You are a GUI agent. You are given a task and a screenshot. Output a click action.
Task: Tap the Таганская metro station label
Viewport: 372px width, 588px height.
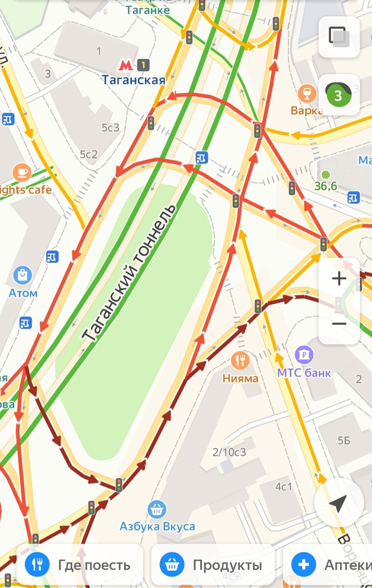pos(133,79)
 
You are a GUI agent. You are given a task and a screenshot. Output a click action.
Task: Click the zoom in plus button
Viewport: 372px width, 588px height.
pos(339,279)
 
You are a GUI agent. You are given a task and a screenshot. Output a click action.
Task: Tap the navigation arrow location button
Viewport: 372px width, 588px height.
pos(338,503)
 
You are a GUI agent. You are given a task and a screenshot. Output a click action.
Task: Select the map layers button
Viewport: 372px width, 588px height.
pos(339,37)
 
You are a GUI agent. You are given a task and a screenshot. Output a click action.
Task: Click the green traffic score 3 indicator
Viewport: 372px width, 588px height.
pos(339,95)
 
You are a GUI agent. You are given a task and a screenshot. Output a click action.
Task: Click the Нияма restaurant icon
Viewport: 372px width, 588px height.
pos(240,361)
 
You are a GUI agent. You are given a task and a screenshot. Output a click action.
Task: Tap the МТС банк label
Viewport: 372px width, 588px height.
pos(304,372)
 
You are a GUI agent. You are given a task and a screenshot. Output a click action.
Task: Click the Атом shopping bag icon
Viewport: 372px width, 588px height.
pos(23,275)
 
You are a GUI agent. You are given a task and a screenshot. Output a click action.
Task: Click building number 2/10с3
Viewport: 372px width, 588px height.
pos(229,452)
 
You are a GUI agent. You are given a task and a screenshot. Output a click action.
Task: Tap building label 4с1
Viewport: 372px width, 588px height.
pos(284,487)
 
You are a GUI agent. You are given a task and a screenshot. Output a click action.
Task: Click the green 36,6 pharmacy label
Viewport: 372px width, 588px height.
pos(326,186)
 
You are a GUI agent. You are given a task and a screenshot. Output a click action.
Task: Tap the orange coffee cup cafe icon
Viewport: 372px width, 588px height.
pos(22,172)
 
